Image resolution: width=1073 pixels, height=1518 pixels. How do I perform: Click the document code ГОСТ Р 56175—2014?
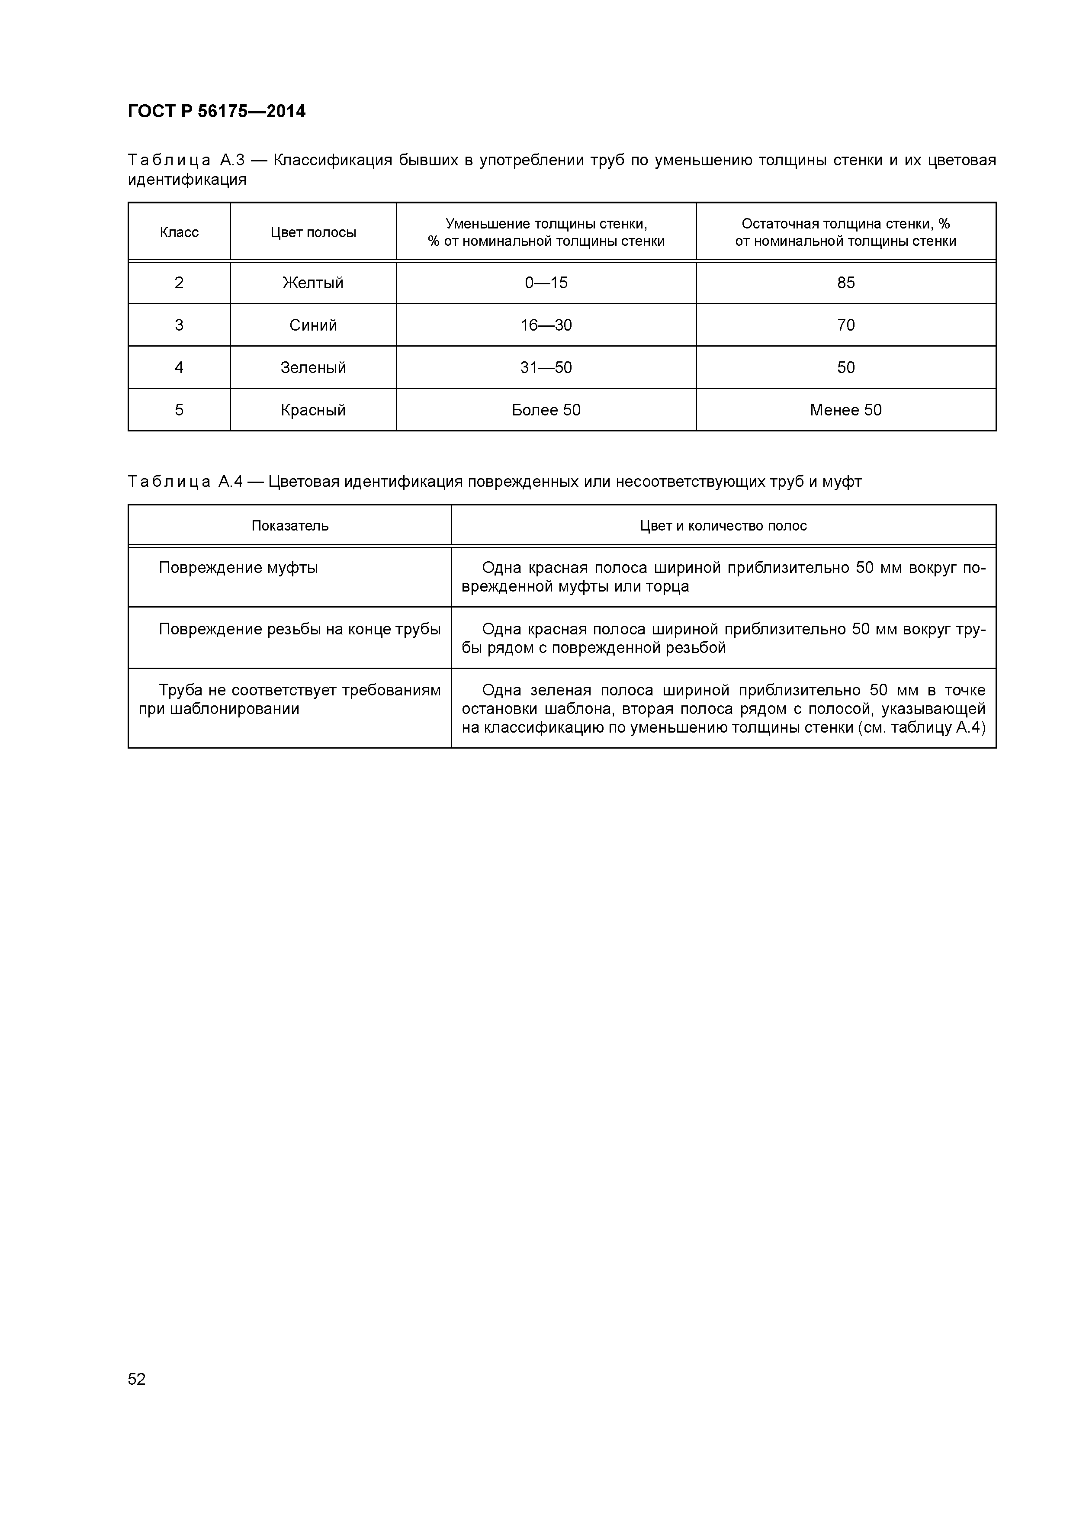(216, 112)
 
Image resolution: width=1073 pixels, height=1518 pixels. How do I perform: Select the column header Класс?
(179, 232)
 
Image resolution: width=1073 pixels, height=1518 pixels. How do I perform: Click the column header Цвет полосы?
(313, 232)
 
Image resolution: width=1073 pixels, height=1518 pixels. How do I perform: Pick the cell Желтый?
(313, 283)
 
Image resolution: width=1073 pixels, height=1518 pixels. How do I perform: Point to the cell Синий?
(313, 325)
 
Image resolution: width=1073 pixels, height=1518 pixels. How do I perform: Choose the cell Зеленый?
(313, 367)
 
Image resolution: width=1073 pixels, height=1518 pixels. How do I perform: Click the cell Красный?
(313, 410)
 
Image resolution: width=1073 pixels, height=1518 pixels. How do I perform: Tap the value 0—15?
(546, 283)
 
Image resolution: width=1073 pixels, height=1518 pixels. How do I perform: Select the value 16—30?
(546, 325)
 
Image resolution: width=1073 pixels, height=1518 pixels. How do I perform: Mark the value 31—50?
(546, 367)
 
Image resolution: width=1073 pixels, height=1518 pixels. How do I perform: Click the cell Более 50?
(546, 410)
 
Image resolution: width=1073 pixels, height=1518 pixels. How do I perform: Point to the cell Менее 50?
(845, 410)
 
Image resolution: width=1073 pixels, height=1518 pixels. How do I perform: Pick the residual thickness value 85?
(845, 283)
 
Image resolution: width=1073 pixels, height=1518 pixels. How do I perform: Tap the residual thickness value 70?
(845, 325)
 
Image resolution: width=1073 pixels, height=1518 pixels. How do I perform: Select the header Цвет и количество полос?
(723, 526)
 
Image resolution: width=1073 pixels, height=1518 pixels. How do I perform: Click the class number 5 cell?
(179, 410)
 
